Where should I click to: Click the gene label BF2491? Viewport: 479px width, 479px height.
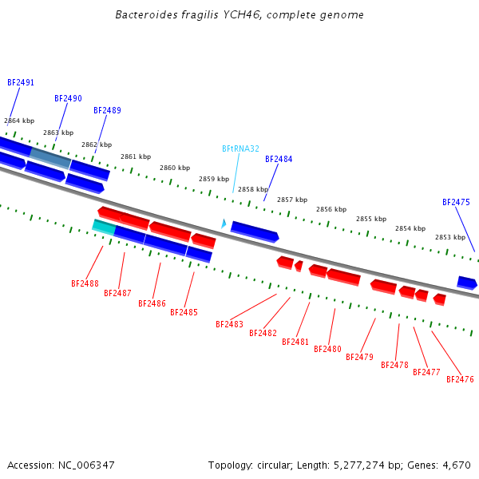click(21, 82)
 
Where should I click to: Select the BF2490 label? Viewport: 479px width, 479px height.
click(68, 98)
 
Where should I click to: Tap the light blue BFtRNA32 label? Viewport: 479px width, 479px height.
click(240, 148)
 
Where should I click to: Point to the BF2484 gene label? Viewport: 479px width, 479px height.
click(279, 159)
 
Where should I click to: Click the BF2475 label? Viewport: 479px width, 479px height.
click(456, 202)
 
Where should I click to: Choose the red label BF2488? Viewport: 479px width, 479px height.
click(85, 283)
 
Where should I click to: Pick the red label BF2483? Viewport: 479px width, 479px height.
click(229, 324)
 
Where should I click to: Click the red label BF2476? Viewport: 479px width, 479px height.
click(460, 379)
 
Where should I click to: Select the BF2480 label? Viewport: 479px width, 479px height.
click(327, 349)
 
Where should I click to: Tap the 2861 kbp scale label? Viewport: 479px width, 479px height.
click(136, 156)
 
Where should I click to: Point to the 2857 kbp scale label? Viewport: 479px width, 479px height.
click(292, 200)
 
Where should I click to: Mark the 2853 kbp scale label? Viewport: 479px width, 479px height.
click(450, 237)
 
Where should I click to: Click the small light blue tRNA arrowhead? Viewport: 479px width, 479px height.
click(224, 224)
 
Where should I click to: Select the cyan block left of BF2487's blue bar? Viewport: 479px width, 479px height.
click(104, 228)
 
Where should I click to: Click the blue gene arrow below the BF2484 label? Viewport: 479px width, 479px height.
click(255, 232)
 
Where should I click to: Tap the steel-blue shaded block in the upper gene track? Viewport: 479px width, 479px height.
click(50, 158)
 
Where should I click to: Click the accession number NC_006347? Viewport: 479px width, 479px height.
click(86, 465)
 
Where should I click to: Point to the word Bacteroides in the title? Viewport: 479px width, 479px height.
click(147, 14)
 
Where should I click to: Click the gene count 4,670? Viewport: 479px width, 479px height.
click(457, 465)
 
